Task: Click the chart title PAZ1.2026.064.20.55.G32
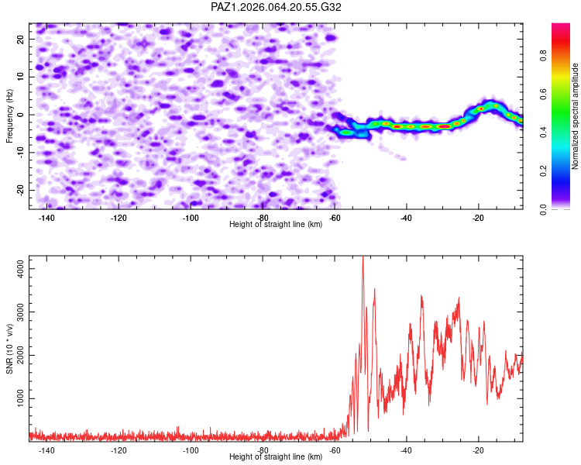pos(276,7)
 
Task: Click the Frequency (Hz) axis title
pos(9,116)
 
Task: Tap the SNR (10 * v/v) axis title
pos(9,349)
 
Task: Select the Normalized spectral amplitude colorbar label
pos(575,116)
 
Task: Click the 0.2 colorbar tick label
pos(543,171)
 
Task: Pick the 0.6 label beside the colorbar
pos(543,95)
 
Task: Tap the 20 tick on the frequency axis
pos(20,39)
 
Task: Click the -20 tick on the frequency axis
pos(20,190)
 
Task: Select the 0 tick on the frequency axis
pos(20,115)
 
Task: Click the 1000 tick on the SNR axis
pos(20,398)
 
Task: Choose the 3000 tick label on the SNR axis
pos(20,312)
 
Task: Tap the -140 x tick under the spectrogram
pos(46,218)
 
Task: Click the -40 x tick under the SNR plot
pos(406,450)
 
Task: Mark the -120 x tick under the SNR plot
pos(119,450)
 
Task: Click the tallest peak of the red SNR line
pos(363,257)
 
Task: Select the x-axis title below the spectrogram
pos(276,224)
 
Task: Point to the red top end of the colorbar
pos(561,25)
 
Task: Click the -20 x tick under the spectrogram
pos(478,218)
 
